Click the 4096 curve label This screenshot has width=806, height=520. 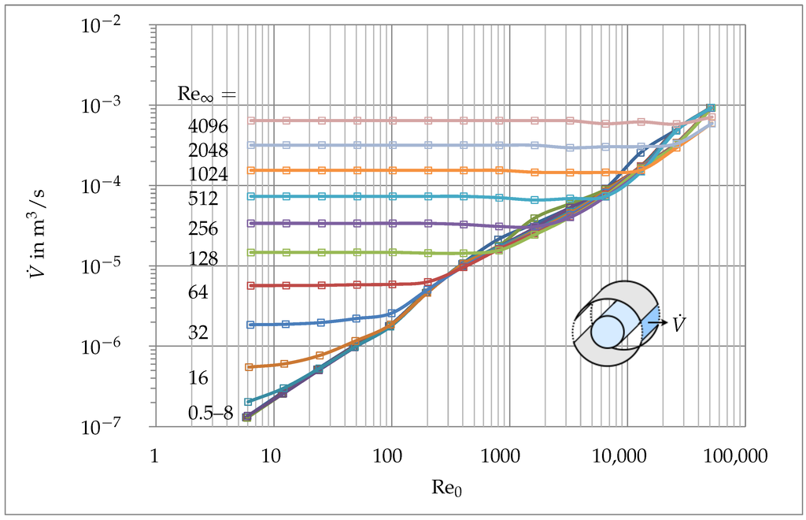(208, 125)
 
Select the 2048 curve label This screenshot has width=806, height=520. (208, 150)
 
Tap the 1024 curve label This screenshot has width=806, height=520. (208, 174)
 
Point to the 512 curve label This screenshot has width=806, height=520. (203, 199)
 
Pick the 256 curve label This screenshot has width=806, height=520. (203, 228)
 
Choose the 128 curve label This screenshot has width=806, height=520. (203, 258)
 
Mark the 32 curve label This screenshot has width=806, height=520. (198, 332)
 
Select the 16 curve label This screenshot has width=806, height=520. (198, 378)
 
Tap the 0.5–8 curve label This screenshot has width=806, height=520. (210, 413)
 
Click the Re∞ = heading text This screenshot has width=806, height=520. (205, 95)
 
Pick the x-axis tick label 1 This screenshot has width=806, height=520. (155, 455)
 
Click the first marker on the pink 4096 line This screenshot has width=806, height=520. (251, 121)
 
